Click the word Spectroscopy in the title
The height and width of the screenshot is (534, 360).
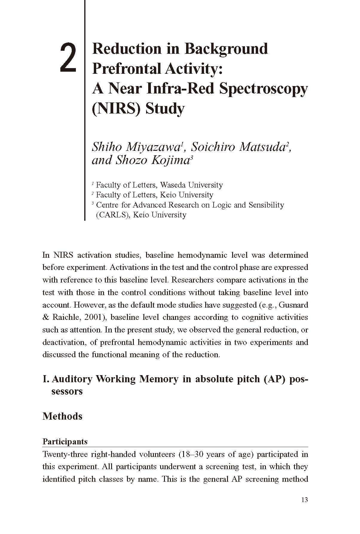(263, 89)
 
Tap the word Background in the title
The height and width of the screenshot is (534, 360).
(226, 49)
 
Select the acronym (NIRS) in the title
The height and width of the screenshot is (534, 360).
(117, 108)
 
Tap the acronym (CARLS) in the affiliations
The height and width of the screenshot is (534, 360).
(113, 215)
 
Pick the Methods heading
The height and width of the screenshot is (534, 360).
(62, 416)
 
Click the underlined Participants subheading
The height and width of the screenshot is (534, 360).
(65, 441)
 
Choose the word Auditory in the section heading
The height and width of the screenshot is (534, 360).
(72, 379)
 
